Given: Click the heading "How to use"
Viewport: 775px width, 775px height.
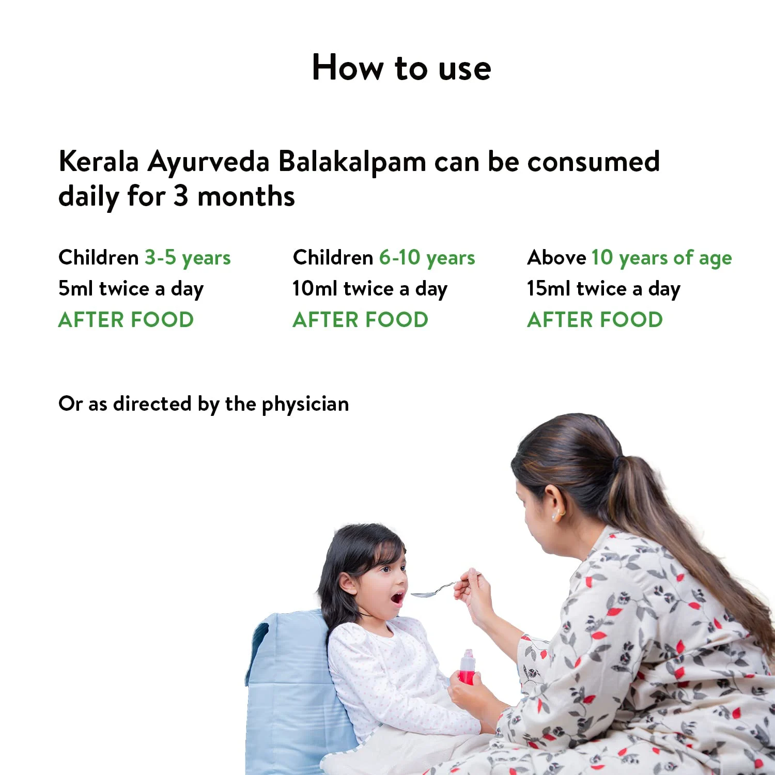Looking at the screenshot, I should coord(401,68).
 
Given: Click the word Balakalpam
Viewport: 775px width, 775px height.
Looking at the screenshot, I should coord(352,162).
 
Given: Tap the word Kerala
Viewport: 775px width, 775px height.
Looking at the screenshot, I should coord(99,162).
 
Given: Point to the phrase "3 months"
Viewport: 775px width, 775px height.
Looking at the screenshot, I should coord(234,197).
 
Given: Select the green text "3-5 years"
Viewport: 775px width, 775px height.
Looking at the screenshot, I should coord(188,258).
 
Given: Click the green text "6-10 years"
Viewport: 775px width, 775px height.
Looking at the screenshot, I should coord(427,258).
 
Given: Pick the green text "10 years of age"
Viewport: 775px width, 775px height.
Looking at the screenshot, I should coord(661,258).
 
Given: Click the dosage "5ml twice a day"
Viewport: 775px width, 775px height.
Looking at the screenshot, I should coord(131,289).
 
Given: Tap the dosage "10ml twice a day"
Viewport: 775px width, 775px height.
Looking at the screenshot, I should coord(369,289).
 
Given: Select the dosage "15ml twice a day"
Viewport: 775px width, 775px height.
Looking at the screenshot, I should coord(603,289).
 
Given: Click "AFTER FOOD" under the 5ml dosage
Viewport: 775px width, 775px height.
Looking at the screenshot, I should coord(126,320).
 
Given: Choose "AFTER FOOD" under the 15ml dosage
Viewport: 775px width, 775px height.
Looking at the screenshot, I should coord(595,320).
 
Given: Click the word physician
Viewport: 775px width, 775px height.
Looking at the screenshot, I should coord(305,405).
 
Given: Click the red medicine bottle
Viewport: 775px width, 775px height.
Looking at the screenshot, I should coord(467,669).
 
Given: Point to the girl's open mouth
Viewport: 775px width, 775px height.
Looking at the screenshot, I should coord(397,599).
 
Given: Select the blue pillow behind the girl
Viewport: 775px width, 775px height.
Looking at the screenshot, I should coord(292,687).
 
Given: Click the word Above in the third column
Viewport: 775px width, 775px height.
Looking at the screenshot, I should coord(556,258).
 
